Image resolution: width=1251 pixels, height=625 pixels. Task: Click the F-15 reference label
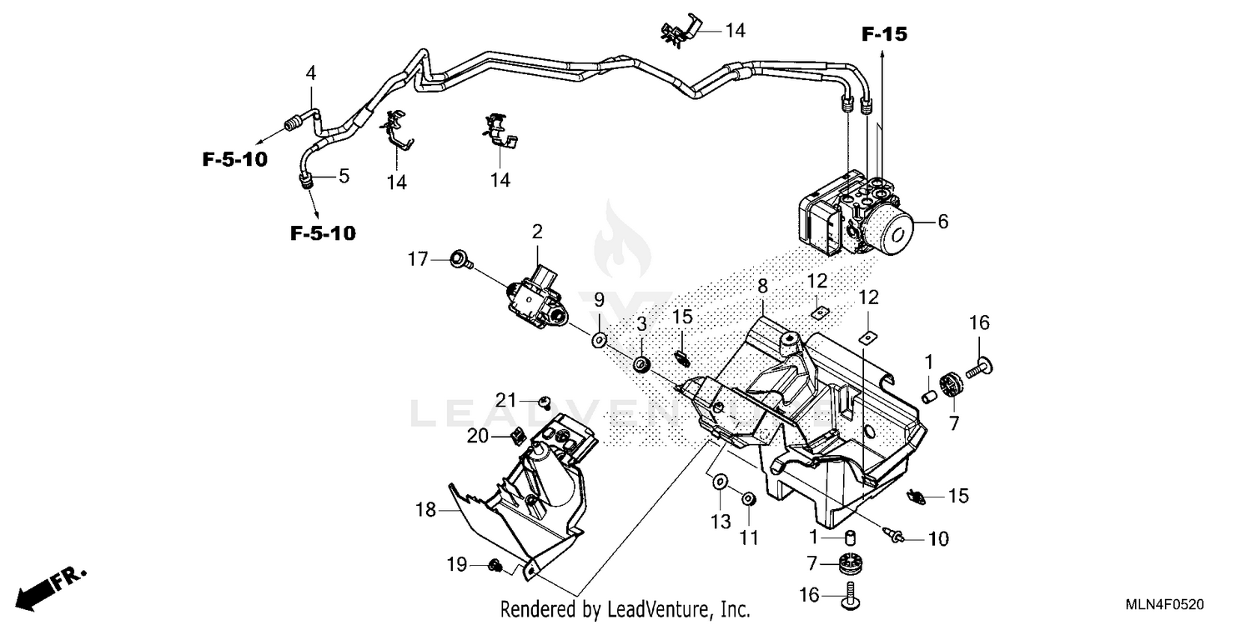(x=884, y=34)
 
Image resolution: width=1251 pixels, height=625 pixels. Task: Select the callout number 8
(x=762, y=286)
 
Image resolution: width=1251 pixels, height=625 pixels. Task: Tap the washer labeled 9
(x=599, y=340)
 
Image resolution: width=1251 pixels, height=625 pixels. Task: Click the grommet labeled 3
(x=641, y=364)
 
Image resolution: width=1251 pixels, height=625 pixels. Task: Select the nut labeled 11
(x=748, y=499)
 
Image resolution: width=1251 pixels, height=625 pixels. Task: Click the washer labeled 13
(x=719, y=482)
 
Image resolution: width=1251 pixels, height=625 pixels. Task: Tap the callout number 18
(x=425, y=508)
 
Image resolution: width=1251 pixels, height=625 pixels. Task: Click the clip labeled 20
(x=515, y=435)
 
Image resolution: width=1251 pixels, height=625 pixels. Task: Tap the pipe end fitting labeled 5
(x=305, y=176)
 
